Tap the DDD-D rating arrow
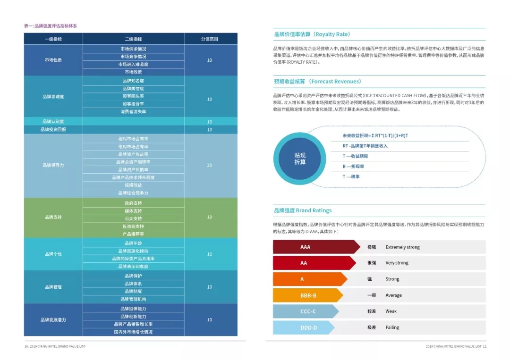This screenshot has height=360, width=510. coord(303,327)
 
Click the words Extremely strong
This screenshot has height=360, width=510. coord(402,247)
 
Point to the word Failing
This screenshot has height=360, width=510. coord(392,327)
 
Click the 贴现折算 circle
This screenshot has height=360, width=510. coord(300,158)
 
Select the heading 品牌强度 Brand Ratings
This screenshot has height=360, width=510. coord(303,210)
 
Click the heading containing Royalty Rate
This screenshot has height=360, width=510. coord(312,34)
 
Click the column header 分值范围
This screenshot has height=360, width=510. coord(210,39)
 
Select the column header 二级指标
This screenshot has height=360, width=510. coord(133,39)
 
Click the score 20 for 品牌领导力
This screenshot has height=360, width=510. coord(210,166)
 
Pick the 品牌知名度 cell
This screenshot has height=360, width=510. coord(133,81)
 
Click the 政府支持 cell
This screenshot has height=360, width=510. coord(133,203)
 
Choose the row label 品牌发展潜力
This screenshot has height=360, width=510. coord(53,320)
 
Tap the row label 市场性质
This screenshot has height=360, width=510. coord(53,60)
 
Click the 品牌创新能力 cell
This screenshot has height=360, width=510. coord(133,317)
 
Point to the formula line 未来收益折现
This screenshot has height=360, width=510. coord(375,135)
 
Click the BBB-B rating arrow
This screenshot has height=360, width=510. coord(308,295)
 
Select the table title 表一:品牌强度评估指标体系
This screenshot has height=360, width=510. coord(51,26)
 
